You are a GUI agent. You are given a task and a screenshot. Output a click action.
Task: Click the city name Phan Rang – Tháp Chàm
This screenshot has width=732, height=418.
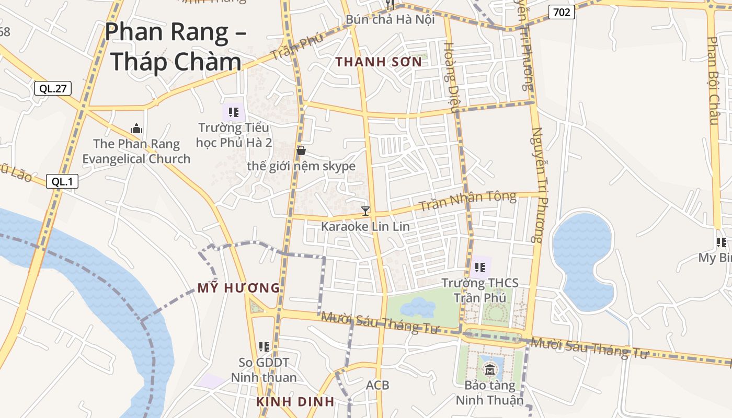(x=175, y=47)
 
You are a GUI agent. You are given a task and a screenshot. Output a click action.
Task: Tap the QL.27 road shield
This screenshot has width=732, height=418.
(x=52, y=88)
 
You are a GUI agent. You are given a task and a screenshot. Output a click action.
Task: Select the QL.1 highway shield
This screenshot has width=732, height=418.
(x=62, y=181)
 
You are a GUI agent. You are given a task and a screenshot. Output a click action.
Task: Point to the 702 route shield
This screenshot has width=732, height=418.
(x=562, y=11)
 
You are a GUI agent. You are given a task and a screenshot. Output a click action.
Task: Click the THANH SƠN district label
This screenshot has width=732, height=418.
(x=378, y=62)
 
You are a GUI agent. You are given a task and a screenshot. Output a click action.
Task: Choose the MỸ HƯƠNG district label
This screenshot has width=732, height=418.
(x=238, y=288)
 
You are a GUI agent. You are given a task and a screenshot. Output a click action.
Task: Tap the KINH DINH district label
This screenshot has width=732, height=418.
(x=295, y=402)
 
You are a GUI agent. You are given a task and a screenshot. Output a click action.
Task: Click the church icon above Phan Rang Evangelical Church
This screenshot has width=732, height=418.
(x=136, y=129)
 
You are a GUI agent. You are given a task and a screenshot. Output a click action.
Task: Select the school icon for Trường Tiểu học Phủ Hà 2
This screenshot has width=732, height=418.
(x=234, y=112)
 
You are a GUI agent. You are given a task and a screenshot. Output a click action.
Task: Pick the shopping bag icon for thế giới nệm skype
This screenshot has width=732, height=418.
(x=301, y=151)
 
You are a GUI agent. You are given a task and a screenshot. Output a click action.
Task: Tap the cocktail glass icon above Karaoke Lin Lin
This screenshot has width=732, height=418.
(x=365, y=211)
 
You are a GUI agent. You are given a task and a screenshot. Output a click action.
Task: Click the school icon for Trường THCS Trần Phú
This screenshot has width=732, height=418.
(x=480, y=268)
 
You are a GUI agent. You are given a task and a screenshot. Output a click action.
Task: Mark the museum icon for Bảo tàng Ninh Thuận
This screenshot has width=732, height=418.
(x=490, y=371)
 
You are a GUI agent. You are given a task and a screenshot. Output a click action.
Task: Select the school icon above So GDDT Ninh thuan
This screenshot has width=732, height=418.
(x=264, y=346)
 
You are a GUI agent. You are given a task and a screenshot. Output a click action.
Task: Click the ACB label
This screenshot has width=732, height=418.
(x=377, y=385)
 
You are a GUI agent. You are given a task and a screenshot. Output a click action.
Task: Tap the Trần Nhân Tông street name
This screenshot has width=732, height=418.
(x=467, y=201)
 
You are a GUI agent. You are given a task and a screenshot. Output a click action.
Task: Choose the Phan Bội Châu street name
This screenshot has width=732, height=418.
(x=714, y=81)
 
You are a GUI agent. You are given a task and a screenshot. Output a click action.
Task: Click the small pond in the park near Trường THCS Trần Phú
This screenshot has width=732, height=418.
(x=418, y=307)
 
